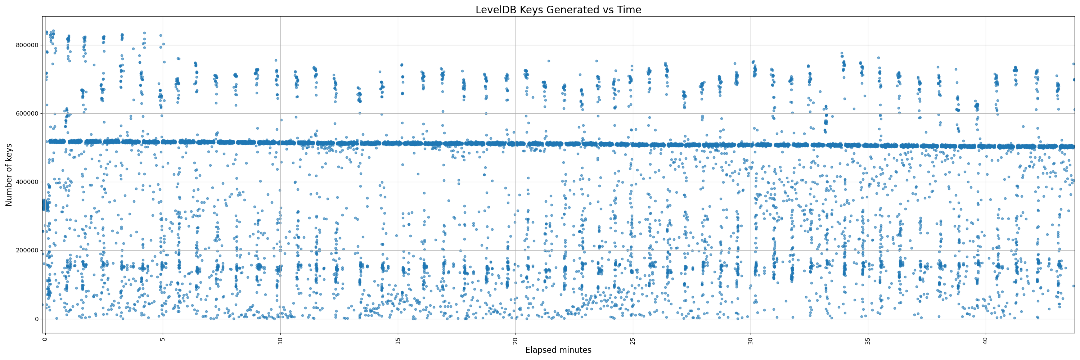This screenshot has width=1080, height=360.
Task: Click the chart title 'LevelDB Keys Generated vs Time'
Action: [558, 10]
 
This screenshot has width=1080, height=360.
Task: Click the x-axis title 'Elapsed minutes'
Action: [558, 350]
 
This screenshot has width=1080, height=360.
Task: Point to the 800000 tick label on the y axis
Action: [27, 45]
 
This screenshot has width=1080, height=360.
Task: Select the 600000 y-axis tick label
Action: [27, 113]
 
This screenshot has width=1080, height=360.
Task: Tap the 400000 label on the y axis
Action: [27, 182]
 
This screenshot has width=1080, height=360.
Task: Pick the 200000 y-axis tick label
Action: [27, 250]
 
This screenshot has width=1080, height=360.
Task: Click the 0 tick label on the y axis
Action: [36, 319]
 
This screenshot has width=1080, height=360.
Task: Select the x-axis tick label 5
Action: [163, 339]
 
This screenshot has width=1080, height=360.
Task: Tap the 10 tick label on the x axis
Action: [280, 341]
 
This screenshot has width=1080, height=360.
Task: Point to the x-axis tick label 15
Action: [398, 341]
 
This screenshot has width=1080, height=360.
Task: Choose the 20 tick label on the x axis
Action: [515, 341]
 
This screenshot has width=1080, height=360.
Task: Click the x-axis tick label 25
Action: [633, 341]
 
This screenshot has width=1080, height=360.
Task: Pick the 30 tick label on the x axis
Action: [751, 341]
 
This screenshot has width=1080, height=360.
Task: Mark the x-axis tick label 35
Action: [868, 341]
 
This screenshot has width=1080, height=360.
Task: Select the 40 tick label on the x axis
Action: [986, 341]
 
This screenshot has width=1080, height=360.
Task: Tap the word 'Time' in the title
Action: [629, 10]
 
